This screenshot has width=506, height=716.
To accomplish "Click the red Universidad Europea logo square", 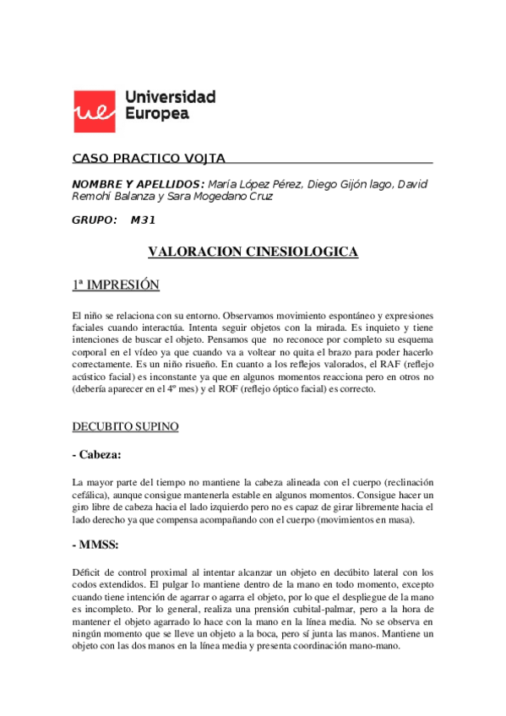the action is point(95,106).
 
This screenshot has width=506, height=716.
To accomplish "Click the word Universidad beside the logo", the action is point(170,96).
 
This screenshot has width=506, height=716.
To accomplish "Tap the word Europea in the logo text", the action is point(156,114).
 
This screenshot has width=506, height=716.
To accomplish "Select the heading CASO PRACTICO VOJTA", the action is point(148,158).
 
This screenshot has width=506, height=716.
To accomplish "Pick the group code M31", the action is point(143,220).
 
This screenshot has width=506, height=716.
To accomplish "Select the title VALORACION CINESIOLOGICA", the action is point(253,252).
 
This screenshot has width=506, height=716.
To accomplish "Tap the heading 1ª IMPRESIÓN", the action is point(116,285).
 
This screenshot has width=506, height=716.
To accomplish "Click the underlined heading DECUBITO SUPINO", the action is point(125,427).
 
